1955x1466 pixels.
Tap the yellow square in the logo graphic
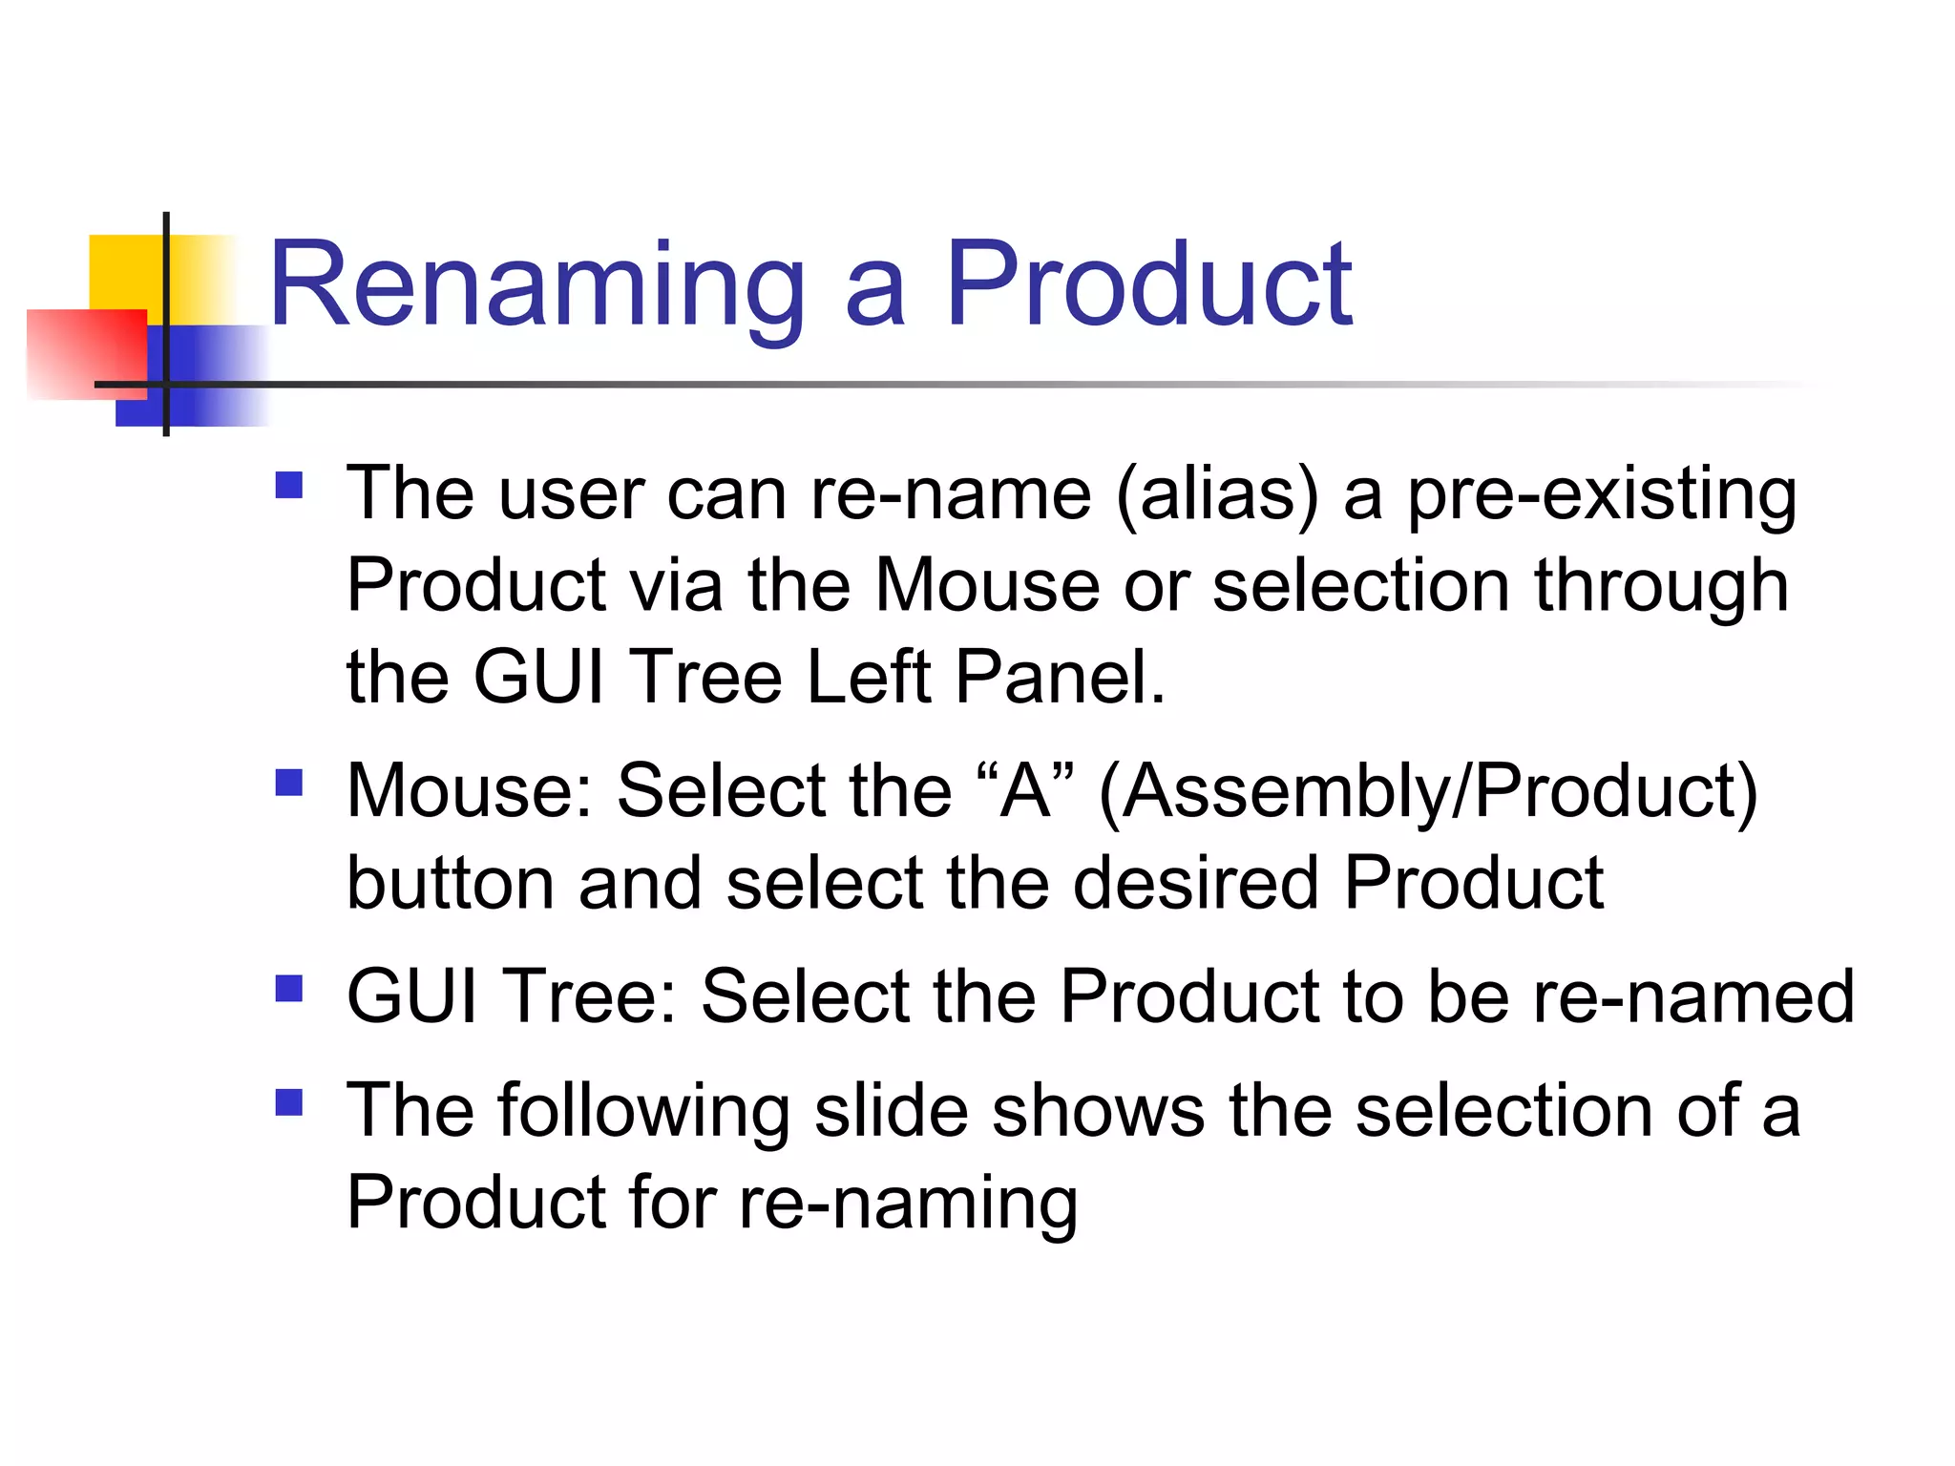coord(124,272)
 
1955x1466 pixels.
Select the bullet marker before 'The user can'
coord(288,486)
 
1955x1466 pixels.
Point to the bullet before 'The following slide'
coord(288,1102)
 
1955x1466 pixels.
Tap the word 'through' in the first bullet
coord(1661,586)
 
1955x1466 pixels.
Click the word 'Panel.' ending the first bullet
coord(1060,678)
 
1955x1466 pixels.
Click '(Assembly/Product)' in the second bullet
coord(1428,792)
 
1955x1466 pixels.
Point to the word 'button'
coord(450,883)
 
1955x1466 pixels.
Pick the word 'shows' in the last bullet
coord(1098,1112)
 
